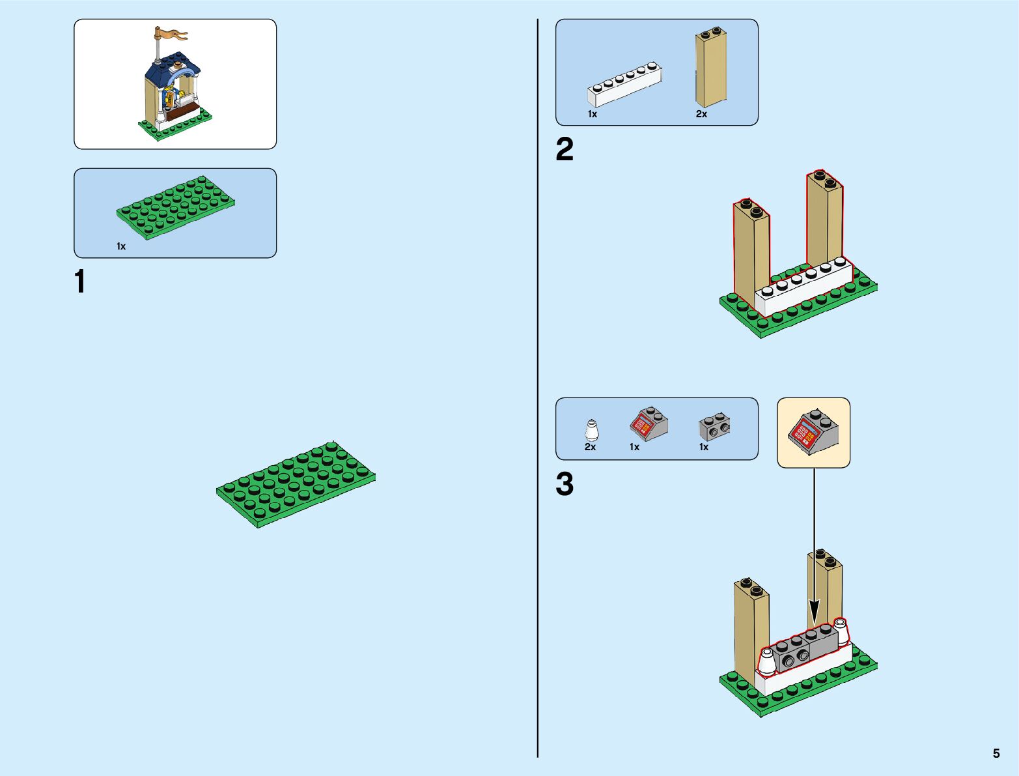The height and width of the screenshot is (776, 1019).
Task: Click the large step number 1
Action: click(x=80, y=282)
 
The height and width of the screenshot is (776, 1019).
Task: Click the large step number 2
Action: click(x=565, y=149)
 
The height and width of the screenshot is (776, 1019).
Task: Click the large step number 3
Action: click(x=565, y=484)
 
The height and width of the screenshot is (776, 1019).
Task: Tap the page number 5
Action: click(x=996, y=753)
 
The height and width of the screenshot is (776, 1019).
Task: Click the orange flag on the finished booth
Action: click(x=171, y=33)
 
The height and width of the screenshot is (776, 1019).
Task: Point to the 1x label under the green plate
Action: click(x=121, y=246)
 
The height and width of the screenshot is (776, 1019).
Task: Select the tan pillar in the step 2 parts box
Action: click(x=710, y=68)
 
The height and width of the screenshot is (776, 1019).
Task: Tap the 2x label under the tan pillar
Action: click(x=701, y=114)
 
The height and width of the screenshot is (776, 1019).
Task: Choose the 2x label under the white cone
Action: click(x=590, y=447)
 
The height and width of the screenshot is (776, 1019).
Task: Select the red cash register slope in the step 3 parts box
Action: click(x=648, y=424)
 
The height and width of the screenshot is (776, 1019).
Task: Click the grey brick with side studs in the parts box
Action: click(x=714, y=427)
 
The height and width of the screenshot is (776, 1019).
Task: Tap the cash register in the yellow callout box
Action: click(x=813, y=431)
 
